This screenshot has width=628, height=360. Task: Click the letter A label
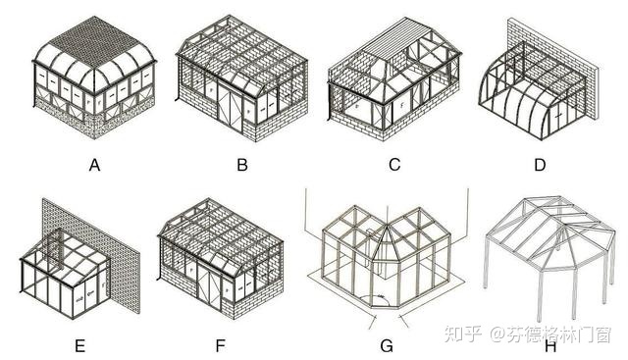95,165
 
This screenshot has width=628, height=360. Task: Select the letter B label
242,165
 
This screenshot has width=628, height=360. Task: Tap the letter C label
393,165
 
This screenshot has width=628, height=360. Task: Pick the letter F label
226,344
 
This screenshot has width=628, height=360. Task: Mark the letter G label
387,344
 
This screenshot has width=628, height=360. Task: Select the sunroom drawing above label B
242,83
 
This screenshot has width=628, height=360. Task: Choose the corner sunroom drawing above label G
388,257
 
